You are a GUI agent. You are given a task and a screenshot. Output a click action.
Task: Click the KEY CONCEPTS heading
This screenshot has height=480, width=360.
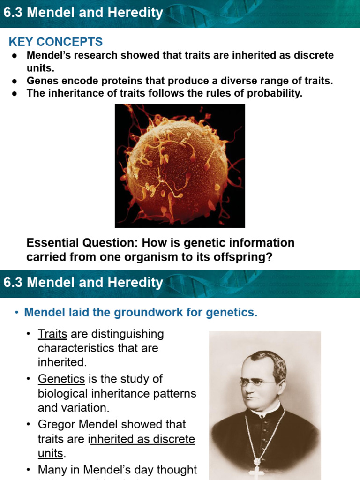56,42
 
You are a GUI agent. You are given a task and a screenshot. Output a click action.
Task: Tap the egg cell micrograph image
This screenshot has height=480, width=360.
180,165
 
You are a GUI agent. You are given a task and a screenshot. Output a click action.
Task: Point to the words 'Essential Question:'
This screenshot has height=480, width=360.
82,243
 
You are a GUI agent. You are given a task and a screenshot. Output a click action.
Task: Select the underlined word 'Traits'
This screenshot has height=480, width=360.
52,334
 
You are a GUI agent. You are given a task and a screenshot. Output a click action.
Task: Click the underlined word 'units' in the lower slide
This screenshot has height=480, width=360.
50,453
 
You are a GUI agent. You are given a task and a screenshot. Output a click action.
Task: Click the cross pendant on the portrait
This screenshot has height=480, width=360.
257,471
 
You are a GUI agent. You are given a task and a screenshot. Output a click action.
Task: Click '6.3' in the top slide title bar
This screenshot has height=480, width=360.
13,13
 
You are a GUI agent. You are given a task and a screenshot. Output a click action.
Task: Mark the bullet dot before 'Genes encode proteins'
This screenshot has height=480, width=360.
15,81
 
